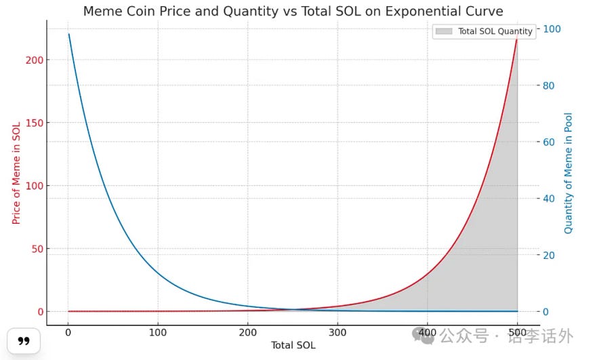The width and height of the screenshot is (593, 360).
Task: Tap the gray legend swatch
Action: [x=445, y=31]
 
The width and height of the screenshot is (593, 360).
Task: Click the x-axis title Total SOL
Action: [x=293, y=345]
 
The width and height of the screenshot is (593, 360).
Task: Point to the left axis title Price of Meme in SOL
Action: [x=17, y=173]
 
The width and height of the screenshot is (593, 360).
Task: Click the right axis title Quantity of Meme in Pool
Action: [x=569, y=173]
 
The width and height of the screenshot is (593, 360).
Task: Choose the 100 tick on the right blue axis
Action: [x=552, y=28]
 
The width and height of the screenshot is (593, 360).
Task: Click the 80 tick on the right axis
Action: [x=550, y=85]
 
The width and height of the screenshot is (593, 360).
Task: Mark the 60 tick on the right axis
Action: [x=550, y=142]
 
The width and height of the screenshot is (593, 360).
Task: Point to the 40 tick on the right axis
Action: [x=550, y=199]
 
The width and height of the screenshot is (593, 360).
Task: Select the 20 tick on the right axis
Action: [x=550, y=255]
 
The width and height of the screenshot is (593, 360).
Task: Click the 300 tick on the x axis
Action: [x=338, y=332]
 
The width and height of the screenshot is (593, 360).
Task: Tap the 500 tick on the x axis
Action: [x=517, y=332]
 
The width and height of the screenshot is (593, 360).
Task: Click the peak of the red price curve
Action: [x=517, y=38]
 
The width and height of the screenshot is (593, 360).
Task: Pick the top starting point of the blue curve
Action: [x=68, y=34]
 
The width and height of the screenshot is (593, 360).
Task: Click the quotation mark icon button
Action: [x=24, y=341]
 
